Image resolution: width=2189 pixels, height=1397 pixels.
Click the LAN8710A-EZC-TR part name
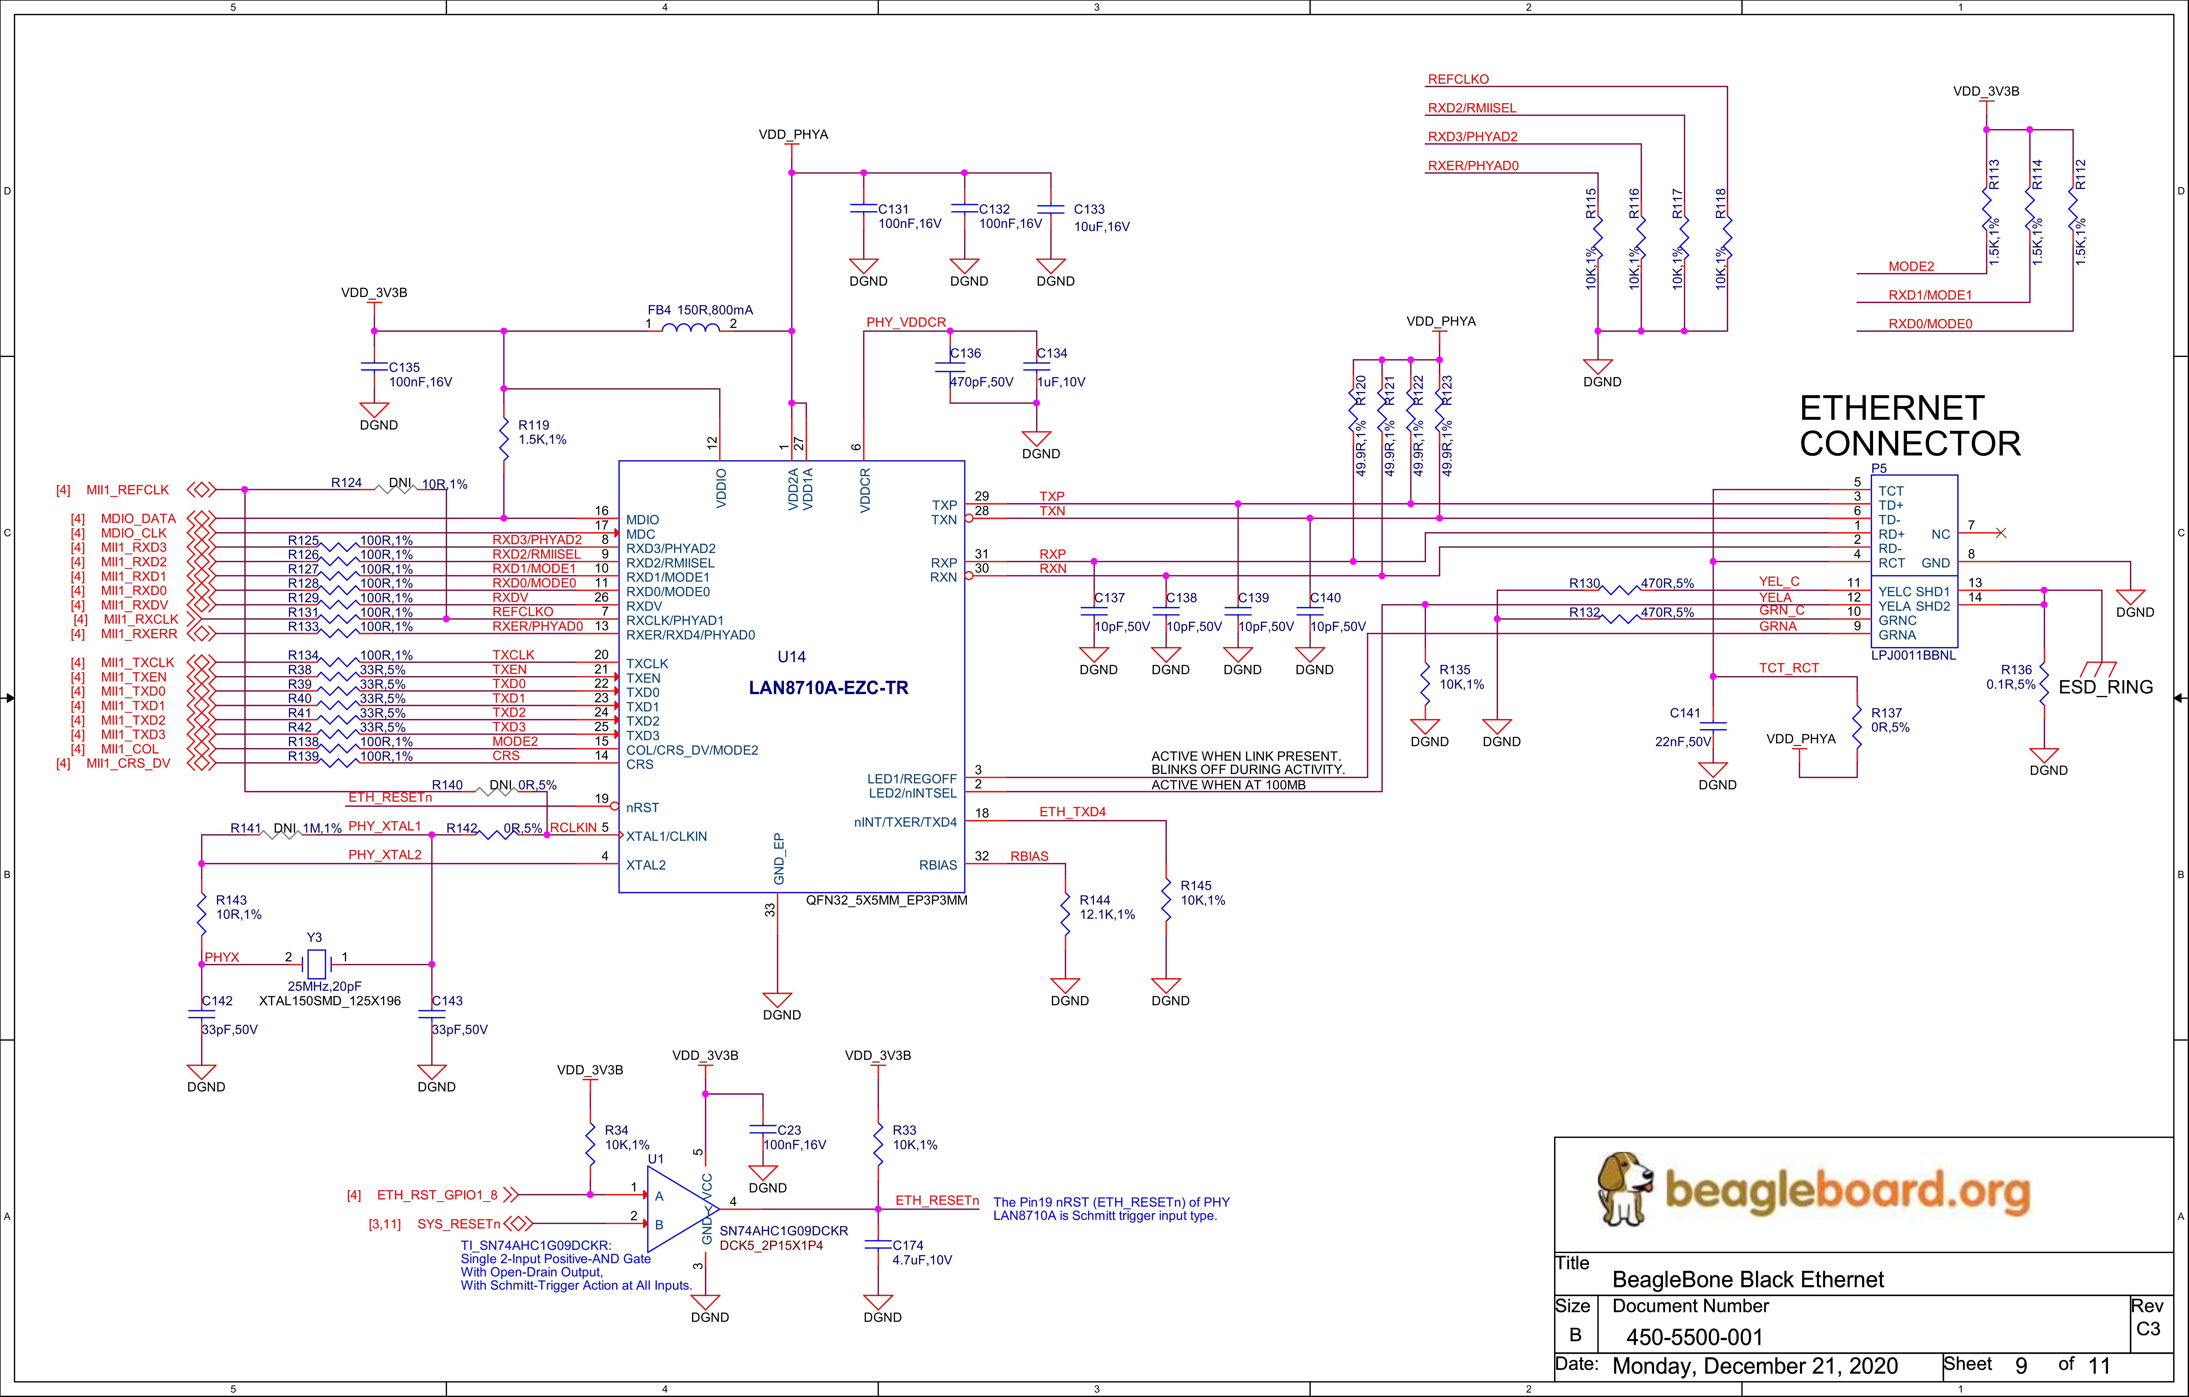click(828, 688)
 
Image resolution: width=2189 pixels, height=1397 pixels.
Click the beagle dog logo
click(1625, 1189)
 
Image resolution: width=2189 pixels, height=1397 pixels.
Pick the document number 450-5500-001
click(1694, 1337)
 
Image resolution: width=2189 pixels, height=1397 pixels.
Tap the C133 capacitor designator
click(1089, 209)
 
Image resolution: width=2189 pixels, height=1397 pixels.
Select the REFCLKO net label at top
click(1458, 79)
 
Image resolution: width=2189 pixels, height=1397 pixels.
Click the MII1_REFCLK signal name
click(127, 490)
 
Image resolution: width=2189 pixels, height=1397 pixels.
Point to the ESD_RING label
click(2105, 687)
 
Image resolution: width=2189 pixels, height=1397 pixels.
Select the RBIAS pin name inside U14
click(938, 865)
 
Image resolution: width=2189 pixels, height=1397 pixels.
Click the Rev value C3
click(2148, 1329)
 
